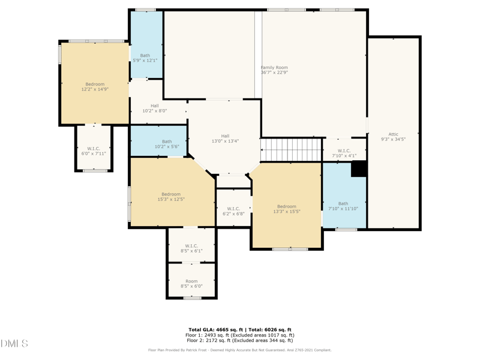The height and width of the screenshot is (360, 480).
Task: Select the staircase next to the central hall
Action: [292, 149]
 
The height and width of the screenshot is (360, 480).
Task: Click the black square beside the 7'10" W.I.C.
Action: [359, 169]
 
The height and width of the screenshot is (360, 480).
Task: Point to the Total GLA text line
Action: [240, 330]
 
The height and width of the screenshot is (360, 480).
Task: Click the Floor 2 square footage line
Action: [240, 340]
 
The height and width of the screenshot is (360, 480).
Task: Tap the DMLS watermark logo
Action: [15, 344]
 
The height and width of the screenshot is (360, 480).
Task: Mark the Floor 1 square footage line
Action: [240, 335]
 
